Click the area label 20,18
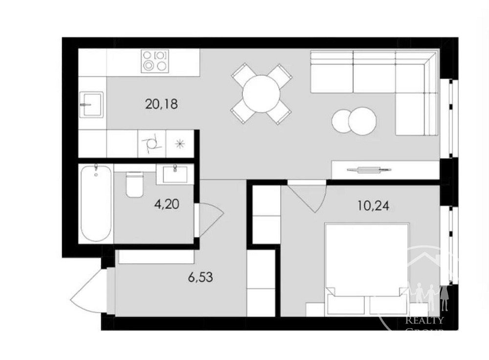[161, 104]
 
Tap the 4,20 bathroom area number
[167, 204]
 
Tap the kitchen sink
[91, 104]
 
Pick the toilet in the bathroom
[134, 184]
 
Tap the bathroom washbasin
[175, 174]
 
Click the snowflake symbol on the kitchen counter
[180, 144]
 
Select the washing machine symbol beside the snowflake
[152, 144]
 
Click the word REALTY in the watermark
[425, 321]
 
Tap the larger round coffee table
[362, 119]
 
